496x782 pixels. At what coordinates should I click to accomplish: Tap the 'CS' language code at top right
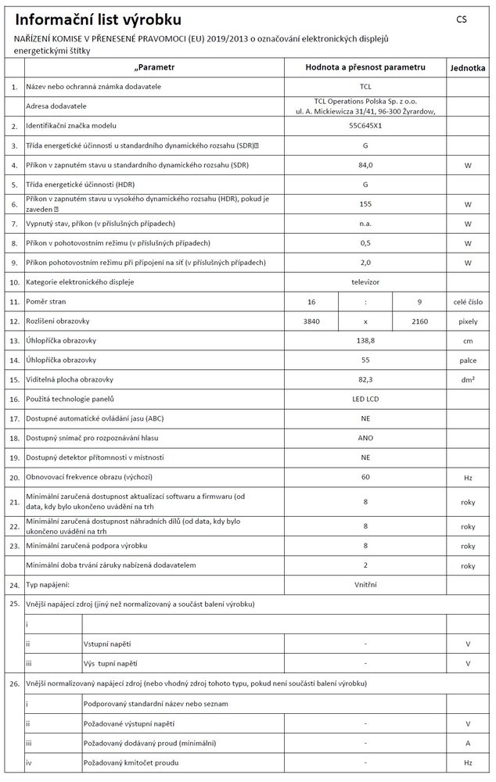click(x=461, y=19)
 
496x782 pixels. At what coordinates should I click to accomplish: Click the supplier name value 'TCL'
click(x=365, y=86)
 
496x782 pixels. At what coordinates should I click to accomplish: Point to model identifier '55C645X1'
click(x=365, y=125)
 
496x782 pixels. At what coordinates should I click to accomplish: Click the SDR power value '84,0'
click(x=365, y=165)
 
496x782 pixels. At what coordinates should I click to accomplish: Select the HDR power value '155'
click(x=365, y=205)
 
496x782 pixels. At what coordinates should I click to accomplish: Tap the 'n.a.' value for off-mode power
click(x=365, y=224)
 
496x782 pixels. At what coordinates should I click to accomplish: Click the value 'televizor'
click(x=365, y=281)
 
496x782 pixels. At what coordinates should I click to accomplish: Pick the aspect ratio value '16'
click(x=311, y=300)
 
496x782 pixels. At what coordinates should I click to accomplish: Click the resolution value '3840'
click(x=311, y=321)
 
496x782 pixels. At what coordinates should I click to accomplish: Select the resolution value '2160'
click(x=419, y=321)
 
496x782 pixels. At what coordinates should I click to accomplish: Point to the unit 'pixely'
click(x=468, y=321)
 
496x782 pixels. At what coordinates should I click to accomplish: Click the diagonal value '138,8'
click(x=365, y=340)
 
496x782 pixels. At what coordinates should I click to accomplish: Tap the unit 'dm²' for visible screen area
click(x=468, y=379)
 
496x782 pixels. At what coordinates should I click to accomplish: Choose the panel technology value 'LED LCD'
click(x=365, y=399)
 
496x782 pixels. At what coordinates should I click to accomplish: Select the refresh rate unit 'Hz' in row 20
click(x=468, y=476)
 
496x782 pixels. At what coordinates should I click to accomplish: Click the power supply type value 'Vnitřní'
click(x=365, y=583)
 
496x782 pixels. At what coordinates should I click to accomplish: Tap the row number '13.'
click(x=13, y=340)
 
